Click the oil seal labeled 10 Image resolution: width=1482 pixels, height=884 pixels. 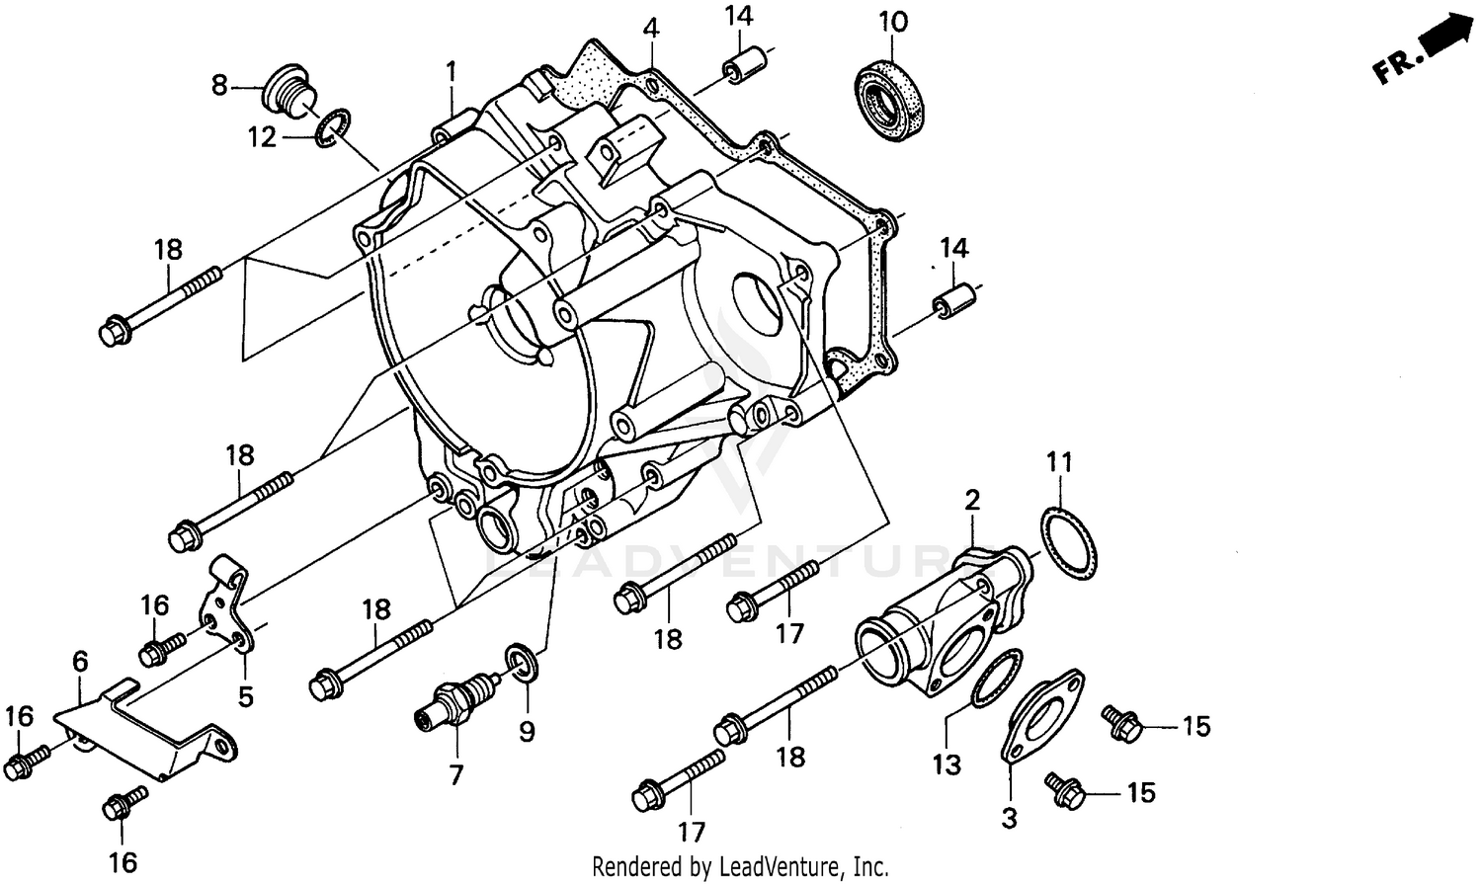pyautogui.click(x=892, y=97)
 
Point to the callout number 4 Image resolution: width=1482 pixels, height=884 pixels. pyautogui.click(x=649, y=27)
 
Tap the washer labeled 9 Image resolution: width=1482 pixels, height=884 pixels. pyautogui.click(x=521, y=660)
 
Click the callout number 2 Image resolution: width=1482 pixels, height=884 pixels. pyautogui.click(x=972, y=500)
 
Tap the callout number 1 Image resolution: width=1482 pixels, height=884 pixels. pyautogui.click(x=451, y=71)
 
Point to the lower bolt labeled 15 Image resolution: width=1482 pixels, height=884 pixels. pyautogui.click(x=1067, y=787)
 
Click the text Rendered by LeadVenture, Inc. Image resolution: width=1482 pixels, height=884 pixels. pyautogui.click(x=740, y=867)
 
